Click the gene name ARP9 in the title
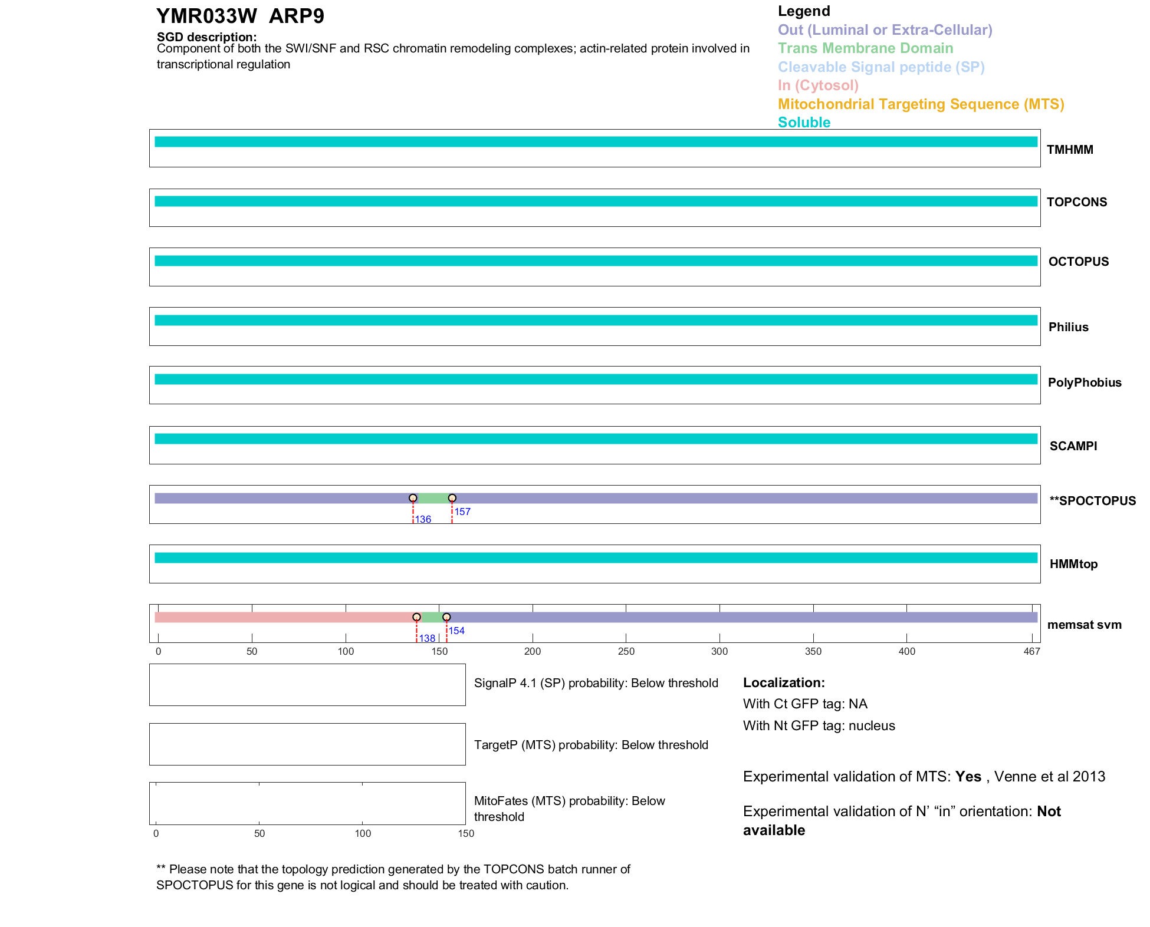[296, 16]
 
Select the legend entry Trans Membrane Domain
[865, 48]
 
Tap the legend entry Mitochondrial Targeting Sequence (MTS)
[921, 104]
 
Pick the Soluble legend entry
[804, 123]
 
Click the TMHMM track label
[1070, 150]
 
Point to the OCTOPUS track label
[1078, 262]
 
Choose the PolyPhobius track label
[1084, 382]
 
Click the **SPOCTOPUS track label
[1092, 501]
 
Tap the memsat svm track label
[1084, 625]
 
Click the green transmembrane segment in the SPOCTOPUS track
[432, 499]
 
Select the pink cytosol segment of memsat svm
[283, 618]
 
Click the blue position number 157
[462, 512]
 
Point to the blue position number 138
[427, 638]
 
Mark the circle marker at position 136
[413, 499]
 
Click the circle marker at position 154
[446, 617]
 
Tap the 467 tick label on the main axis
[1031, 651]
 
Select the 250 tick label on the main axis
[626, 651]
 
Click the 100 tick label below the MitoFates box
[363, 833]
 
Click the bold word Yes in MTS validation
[968, 777]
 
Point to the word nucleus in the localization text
[872, 726]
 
